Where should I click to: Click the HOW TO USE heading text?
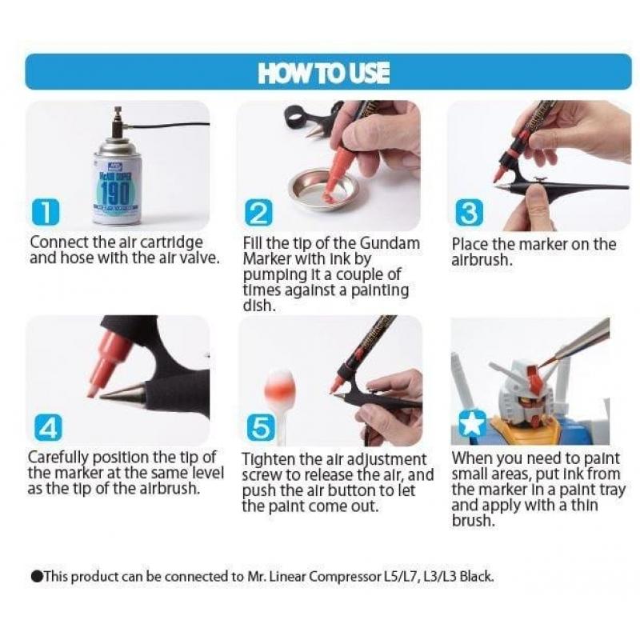tap(323, 73)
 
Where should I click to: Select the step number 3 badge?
tap(468, 212)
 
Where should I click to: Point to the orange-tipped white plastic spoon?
tap(281, 392)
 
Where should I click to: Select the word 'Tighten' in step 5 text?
tap(268, 460)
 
